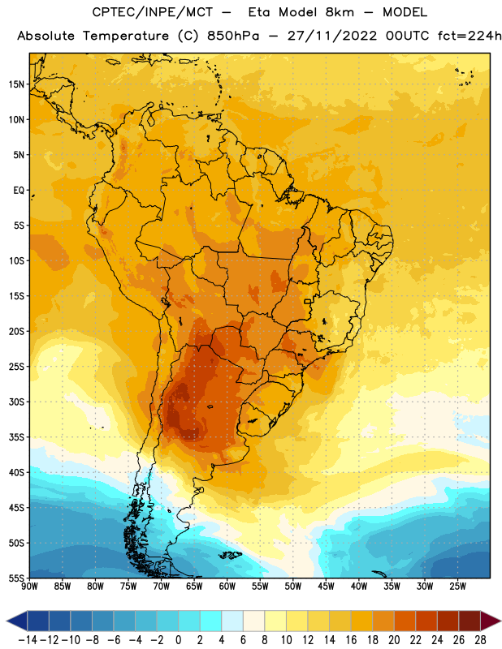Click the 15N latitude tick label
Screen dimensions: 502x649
16,84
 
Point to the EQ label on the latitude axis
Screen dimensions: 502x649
19,191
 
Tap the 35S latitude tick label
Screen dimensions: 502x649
16,437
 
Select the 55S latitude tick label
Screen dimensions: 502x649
16,578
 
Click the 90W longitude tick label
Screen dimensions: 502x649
29,587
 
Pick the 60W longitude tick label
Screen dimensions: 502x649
227,587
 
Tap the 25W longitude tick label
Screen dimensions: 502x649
457,587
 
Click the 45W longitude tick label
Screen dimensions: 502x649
326,587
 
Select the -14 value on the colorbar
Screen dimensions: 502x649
28,640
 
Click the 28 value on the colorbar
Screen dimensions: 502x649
480,640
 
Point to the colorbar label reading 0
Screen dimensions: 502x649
178,640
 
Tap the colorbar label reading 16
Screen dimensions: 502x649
351,640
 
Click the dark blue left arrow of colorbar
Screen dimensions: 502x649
17,621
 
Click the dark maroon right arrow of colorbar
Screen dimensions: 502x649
491,621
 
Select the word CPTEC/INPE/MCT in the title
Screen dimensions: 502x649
153,12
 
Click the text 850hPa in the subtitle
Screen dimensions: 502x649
233,36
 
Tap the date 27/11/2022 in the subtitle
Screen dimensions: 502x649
332,36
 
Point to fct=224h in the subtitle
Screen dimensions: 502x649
470,36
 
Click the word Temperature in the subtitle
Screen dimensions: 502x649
126,37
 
